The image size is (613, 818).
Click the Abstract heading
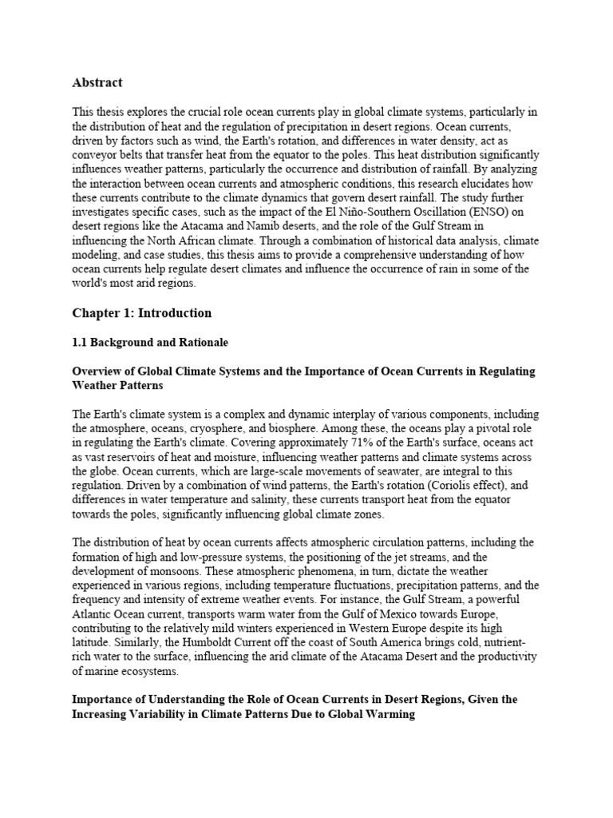(x=97, y=81)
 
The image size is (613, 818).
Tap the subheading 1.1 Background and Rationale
(x=150, y=342)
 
